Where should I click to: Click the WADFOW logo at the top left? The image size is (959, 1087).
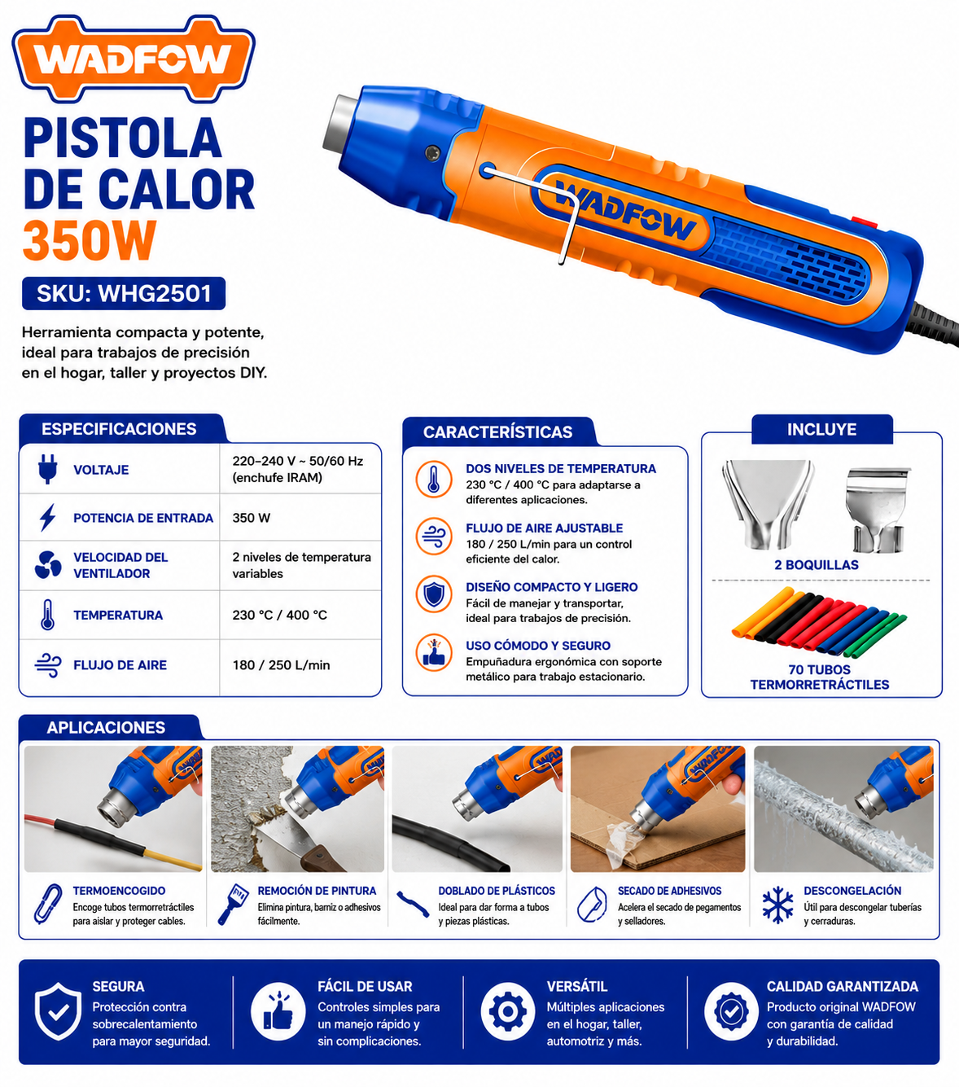[x=134, y=59]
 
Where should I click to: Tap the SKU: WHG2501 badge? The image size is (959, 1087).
[x=124, y=293]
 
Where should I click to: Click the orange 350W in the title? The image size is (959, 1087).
[x=90, y=240]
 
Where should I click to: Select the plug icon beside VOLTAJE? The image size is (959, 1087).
[x=48, y=468]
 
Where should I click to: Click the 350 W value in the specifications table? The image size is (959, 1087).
[x=251, y=518]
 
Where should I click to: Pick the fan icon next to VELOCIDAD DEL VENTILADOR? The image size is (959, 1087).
[x=48, y=565]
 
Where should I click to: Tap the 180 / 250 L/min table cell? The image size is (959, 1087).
[x=281, y=664]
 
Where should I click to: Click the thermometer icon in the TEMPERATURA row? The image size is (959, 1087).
[x=48, y=615]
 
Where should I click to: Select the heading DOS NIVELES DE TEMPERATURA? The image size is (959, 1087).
[x=560, y=468]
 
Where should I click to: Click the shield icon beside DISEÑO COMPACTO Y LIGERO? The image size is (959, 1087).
[x=434, y=594]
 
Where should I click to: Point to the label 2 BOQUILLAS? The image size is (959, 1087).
[x=817, y=565]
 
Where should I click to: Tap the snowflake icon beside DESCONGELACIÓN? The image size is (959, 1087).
[x=777, y=905]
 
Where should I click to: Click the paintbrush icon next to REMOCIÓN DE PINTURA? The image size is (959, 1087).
[x=232, y=904]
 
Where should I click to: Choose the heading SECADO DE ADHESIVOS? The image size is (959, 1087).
[x=669, y=891]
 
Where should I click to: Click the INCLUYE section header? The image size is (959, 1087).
[x=821, y=429]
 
